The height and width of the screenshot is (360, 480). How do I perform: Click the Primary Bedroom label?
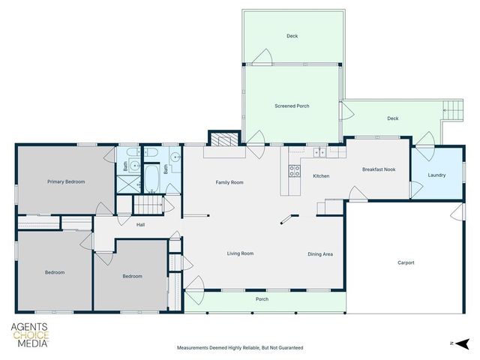pos(66,181)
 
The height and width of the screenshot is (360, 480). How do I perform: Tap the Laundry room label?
pos(436,175)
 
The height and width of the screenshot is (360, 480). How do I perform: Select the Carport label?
pos(406,262)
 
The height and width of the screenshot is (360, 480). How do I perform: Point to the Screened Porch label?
pos(292,106)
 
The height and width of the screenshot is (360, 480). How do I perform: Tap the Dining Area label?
pos(320,254)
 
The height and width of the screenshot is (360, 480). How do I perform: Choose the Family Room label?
pos(229,182)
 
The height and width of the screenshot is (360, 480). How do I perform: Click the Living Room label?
pos(240,253)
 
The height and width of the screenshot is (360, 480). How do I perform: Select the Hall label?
pos(140,224)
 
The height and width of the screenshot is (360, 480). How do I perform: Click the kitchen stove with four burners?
pos(295,170)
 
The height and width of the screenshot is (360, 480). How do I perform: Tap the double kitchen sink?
pos(320,152)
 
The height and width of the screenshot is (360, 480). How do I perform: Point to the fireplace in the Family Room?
pos(220,139)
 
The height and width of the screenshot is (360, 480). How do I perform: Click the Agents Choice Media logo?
pos(29,334)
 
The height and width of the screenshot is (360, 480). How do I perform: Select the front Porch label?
pos(262,299)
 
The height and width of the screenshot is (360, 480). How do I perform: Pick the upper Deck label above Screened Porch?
pos(292,36)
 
